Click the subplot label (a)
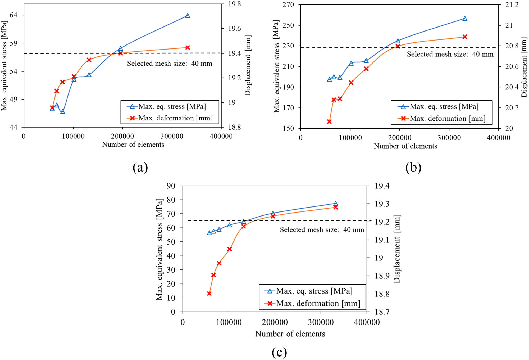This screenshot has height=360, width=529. coord(140,168)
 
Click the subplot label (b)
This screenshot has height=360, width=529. coord(413,168)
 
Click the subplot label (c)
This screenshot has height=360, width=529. coord(279,352)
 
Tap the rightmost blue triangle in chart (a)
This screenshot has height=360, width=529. coord(188,16)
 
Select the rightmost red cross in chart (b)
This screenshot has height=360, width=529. coord(465,37)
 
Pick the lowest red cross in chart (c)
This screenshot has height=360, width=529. coord(209,294)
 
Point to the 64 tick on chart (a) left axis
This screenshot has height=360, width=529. coord(13,15)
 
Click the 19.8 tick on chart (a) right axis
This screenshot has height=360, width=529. coord(234,4)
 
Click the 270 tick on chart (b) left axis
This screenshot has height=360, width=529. coord(288,5)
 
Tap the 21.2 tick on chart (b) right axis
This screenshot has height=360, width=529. coord(512,5)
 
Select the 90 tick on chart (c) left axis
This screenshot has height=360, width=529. coord(171,186)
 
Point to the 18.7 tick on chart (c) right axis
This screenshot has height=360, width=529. coord(382,312)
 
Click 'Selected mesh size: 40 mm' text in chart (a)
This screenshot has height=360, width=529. coord(170,64)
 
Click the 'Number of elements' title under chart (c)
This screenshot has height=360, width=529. coord(290,334)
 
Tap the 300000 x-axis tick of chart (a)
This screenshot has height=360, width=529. coord(172,136)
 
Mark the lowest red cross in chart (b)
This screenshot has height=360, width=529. coord(329,121)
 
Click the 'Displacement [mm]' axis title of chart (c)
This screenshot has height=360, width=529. coord(397,249)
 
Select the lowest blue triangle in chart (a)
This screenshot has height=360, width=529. coord(62,111)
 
